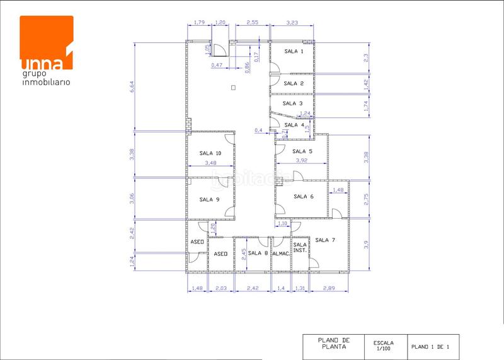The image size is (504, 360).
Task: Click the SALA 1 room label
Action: (294, 51)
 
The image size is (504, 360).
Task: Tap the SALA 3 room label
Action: (292, 103)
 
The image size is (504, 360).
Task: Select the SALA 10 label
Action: (210, 153)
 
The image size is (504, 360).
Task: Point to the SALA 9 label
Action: (209, 199)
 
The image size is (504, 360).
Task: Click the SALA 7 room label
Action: (325, 240)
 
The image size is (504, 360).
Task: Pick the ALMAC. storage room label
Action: (280, 253)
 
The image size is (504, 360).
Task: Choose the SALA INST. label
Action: (300, 248)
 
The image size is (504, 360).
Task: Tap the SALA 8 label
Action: (258, 253)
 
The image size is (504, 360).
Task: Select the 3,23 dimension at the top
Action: (292, 23)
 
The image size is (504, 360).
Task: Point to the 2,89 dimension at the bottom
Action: (329, 288)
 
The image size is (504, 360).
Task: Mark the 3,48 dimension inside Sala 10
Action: (210, 163)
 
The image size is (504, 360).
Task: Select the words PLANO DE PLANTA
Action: (335, 343)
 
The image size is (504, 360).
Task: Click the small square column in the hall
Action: (233, 87)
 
